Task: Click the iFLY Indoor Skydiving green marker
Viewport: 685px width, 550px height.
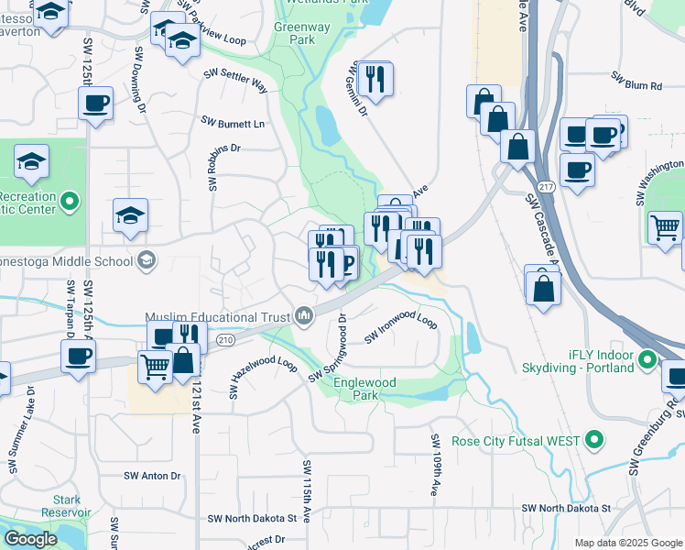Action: pos(647,358)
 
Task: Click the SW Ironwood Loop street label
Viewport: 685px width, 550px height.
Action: pos(401,325)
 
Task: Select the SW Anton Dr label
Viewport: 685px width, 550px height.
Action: pos(153,476)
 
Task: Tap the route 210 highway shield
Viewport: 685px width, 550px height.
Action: pos(226,340)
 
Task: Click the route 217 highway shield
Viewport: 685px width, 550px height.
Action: pos(547,186)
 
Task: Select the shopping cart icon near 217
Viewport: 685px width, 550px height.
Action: pos(665,225)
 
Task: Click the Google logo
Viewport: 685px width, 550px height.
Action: pos(30,539)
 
